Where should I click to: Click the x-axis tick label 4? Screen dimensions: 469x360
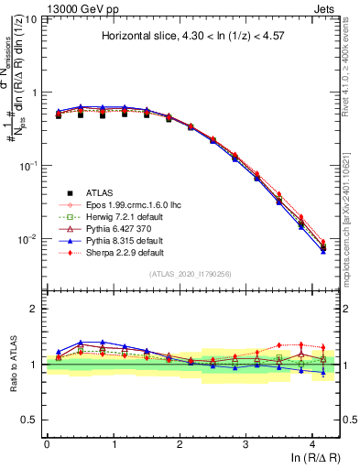click(312, 443)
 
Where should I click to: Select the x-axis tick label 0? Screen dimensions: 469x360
click(47, 443)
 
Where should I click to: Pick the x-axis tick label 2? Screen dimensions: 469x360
click(180, 443)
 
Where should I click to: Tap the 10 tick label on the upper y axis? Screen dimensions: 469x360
click(32, 19)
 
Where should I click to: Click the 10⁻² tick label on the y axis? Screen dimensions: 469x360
click(29, 239)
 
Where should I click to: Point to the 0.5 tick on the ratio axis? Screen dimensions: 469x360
click(32, 420)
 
